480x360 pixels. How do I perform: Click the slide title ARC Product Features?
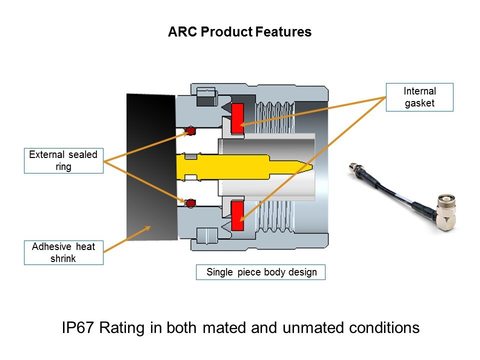pos(239,32)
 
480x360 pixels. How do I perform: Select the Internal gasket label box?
pos(419,97)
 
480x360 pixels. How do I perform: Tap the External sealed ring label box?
pos(63,160)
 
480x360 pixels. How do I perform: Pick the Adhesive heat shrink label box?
pos(63,252)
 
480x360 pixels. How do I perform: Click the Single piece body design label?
pos(260,272)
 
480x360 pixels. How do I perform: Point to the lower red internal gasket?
pos(237,216)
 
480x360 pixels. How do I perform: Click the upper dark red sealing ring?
pos(190,131)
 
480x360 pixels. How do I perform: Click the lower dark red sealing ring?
pos(190,203)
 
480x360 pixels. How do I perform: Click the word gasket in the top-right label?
pos(419,103)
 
